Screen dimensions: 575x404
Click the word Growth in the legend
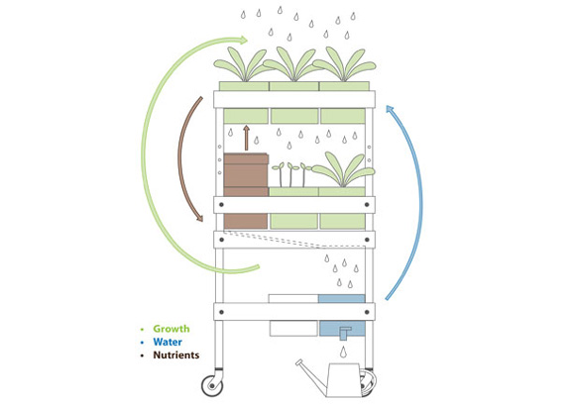[172, 329]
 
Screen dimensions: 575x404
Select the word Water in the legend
[168, 342]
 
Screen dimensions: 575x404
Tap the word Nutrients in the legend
[176, 354]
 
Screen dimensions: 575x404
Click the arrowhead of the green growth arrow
[244, 40]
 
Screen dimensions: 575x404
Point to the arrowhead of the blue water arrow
[390, 109]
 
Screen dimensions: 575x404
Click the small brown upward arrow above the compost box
[247, 138]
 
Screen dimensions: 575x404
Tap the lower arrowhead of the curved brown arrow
[199, 218]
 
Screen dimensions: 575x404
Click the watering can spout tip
[298, 362]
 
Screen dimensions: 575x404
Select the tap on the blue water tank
[345, 333]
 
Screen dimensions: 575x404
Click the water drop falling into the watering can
[343, 352]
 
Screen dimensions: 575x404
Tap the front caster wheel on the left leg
[212, 386]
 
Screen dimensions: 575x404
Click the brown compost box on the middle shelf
[246, 174]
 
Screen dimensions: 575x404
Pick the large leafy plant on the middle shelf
[343, 170]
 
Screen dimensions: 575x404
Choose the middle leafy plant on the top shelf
[293, 64]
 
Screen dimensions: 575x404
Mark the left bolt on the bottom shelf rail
[221, 312]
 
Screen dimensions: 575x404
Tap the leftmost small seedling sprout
[280, 174]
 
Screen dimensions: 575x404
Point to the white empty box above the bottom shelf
[293, 298]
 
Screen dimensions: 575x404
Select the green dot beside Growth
[142, 330]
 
